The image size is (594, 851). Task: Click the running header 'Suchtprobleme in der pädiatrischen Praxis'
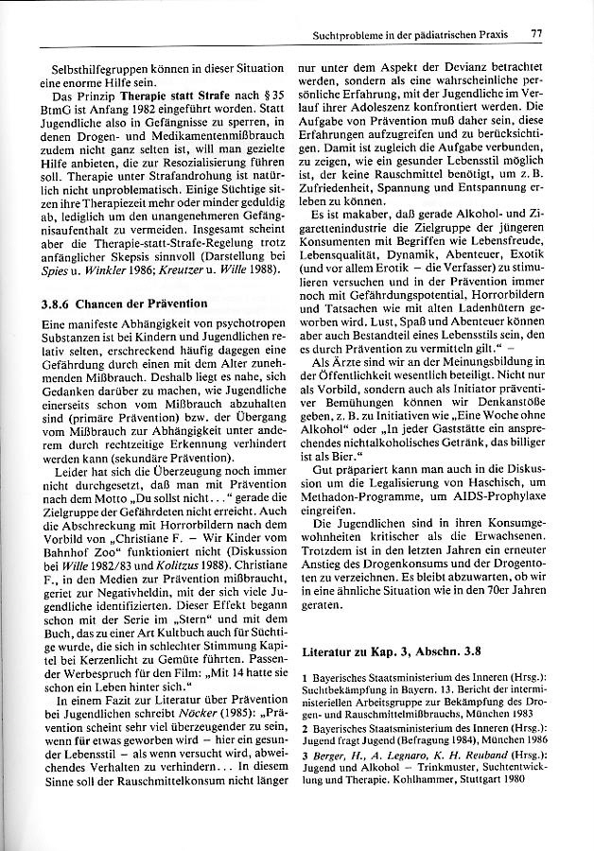[x=410, y=35]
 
